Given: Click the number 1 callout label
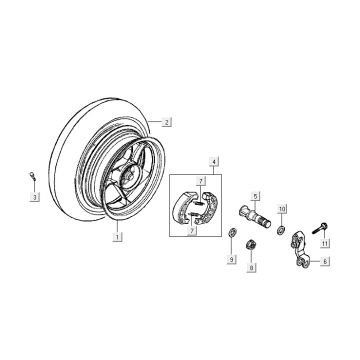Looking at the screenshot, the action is (x=117, y=237).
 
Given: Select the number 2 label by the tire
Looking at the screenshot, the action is (x=167, y=122).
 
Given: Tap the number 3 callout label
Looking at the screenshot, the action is (x=34, y=197).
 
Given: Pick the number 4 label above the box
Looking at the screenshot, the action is (x=214, y=162).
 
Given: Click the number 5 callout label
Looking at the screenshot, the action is (x=255, y=197).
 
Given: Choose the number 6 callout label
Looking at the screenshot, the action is (x=325, y=262).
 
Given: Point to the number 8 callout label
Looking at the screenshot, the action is (x=252, y=267).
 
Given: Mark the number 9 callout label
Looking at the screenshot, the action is (x=231, y=259).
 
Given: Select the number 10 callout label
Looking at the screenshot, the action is (x=282, y=209).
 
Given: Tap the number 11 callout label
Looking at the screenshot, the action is (x=325, y=243).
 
